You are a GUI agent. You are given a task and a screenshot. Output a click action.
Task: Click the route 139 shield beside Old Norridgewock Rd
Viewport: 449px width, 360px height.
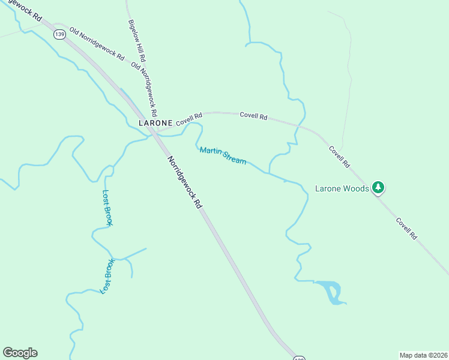(x=59, y=34)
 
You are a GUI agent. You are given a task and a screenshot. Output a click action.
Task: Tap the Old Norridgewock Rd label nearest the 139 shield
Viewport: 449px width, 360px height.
(x=96, y=44)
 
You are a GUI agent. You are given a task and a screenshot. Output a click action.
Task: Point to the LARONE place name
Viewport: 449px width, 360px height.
(x=155, y=122)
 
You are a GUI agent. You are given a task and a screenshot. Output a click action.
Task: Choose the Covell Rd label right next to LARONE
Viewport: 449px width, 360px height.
(x=189, y=118)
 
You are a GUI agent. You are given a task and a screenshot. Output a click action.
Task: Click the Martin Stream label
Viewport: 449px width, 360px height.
(x=223, y=156)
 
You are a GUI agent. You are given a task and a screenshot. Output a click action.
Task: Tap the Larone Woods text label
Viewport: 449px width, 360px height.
(x=342, y=188)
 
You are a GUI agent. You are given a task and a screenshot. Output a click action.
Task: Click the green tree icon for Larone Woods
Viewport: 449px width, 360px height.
(x=378, y=188)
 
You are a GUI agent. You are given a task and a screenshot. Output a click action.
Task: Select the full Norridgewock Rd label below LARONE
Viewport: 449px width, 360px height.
(x=184, y=182)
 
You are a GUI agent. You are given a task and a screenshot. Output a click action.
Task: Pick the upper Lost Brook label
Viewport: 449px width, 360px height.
(x=107, y=208)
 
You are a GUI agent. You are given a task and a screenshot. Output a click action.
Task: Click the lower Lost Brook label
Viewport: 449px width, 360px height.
(x=107, y=276)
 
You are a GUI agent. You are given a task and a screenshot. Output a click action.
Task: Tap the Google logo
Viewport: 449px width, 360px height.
(x=20, y=353)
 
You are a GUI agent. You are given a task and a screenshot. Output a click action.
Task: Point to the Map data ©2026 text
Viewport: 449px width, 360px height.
(x=423, y=355)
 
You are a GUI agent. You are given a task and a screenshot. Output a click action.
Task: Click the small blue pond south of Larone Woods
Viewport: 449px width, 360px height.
(x=331, y=292)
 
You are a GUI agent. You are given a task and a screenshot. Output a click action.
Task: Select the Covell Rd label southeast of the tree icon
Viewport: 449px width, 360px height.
(x=406, y=229)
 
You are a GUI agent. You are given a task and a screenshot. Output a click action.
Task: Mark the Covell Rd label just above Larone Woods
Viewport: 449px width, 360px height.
(x=339, y=156)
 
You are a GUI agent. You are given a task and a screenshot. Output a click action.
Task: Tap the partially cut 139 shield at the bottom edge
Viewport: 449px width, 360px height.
(x=300, y=358)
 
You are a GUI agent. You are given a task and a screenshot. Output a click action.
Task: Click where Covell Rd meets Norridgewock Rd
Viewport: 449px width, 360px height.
(x=155, y=133)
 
